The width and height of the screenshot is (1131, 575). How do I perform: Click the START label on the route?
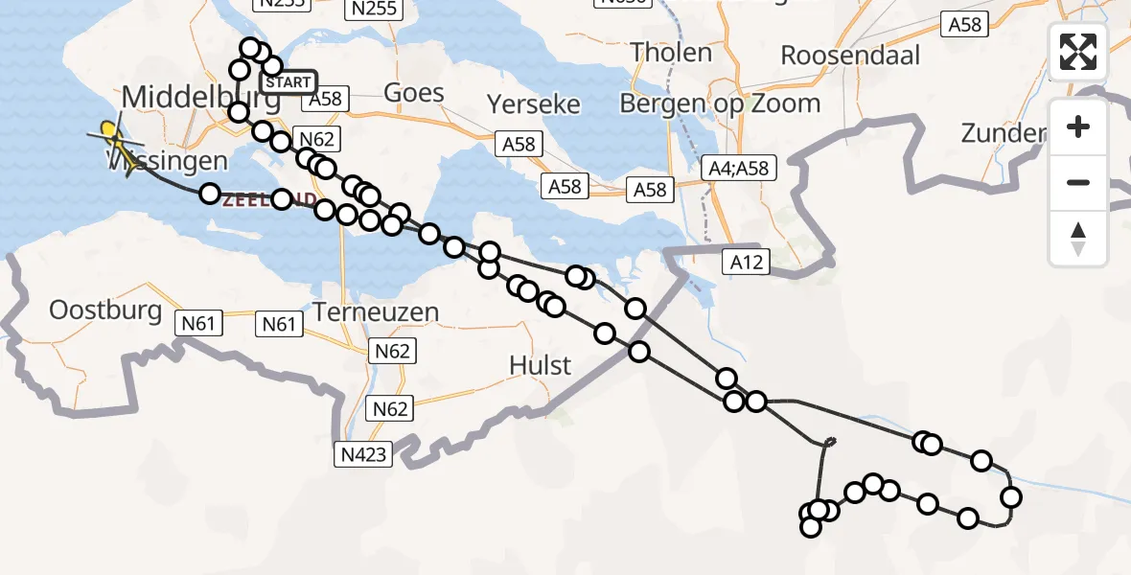pos(288,82)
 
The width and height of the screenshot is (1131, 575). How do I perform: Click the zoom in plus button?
pos(1078,126)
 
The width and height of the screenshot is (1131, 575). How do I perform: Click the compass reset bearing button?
pos(1078,239)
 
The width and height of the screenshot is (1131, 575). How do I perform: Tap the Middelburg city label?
pos(201,97)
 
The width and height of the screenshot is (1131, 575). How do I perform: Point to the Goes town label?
pos(414,93)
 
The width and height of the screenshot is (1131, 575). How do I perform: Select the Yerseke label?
pos(534,103)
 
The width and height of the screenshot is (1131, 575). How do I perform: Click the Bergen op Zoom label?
pos(720,103)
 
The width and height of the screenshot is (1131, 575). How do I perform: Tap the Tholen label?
pos(672,52)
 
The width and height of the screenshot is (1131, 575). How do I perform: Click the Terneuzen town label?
pos(376,312)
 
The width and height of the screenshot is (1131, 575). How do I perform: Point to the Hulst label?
pos(541,365)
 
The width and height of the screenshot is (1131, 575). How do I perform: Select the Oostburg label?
pos(105,310)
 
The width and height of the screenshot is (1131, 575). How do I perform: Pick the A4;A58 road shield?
pos(737,169)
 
